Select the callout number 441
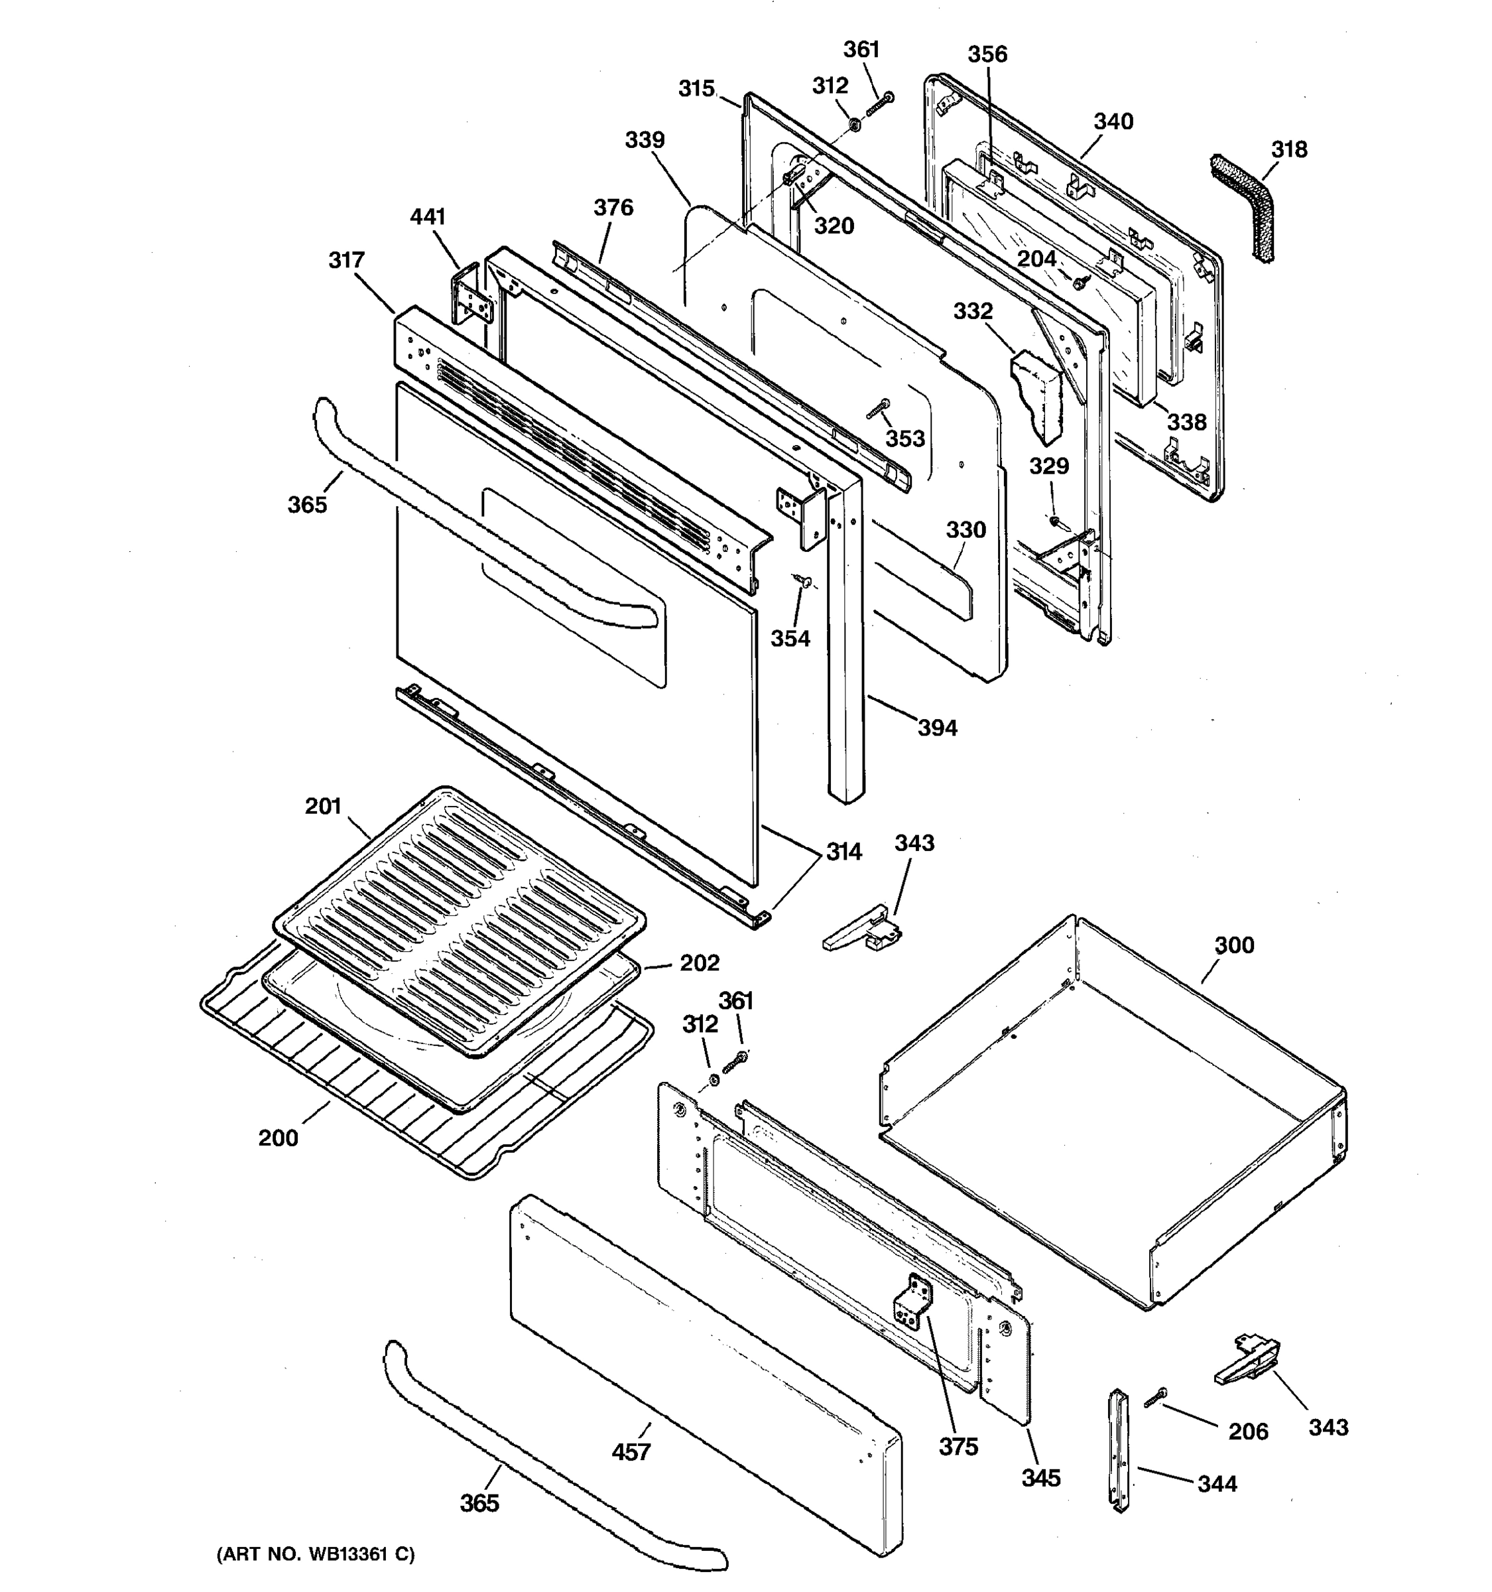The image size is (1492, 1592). [428, 217]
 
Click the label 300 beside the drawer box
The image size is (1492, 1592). [1234, 945]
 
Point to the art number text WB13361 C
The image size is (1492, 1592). [316, 1554]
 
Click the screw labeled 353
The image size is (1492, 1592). [878, 411]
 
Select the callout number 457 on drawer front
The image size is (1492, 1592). [631, 1452]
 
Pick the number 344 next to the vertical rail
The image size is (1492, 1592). [1217, 1484]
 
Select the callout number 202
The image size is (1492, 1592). [700, 962]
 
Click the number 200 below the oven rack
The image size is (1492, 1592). [278, 1137]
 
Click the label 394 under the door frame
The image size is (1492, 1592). [937, 728]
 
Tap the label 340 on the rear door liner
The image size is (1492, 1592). [1113, 122]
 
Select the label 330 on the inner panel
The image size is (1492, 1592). [965, 529]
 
